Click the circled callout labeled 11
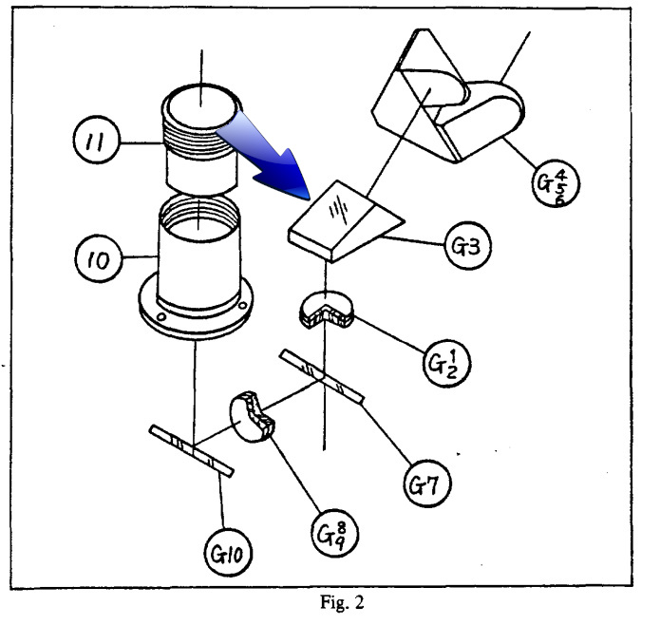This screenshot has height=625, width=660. click(x=97, y=140)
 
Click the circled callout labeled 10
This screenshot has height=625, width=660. click(x=99, y=258)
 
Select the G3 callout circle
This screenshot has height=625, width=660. click(x=467, y=246)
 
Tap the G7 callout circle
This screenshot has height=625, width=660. click(x=426, y=483)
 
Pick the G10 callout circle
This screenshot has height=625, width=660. click(x=229, y=553)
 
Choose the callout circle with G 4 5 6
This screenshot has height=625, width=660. click(x=556, y=183)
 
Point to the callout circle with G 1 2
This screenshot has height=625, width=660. click(x=446, y=363)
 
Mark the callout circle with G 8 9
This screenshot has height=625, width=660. click(x=334, y=533)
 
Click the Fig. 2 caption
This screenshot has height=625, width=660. click(x=342, y=602)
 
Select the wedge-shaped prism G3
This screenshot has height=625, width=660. click(x=346, y=221)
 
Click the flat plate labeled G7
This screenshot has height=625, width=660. click(x=322, y=377)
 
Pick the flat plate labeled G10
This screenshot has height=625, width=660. click(x=192, y=451)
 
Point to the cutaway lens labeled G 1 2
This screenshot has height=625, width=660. click(x=327, y=310)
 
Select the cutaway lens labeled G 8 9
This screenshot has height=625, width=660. click(x=251, y=417)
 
